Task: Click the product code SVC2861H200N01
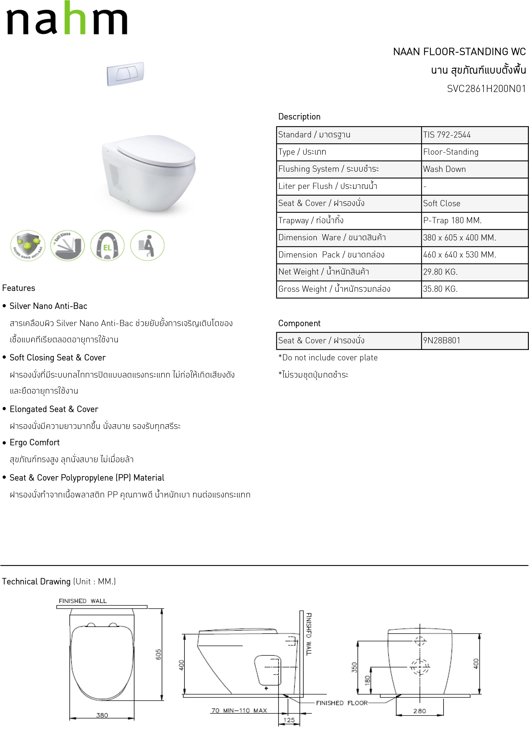point(486,89)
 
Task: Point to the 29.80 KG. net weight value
point(440,272)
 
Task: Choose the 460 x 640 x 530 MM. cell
point(459,255)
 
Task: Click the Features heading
point(19,288)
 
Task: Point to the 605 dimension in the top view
point(158,654)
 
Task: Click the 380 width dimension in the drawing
point(102,715)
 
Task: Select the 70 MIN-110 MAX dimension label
point(239,710)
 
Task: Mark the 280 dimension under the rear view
point(419,711)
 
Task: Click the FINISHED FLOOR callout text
point(342,703)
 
